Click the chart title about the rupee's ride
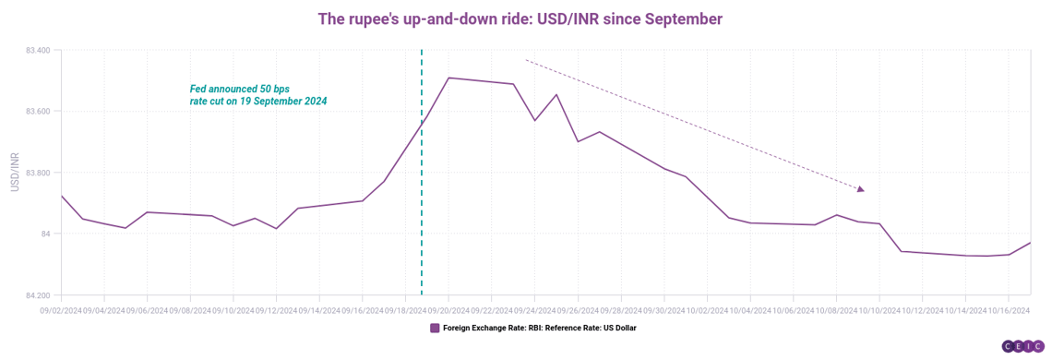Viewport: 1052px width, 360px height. click(x=520, y=18)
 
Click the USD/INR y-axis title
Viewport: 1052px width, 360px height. click(x=15, y=173)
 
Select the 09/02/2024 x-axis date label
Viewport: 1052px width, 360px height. click(x=61, y=310)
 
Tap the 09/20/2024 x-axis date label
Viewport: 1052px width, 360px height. click(x=448, y=310)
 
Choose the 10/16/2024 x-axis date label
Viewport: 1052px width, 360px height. click(x=1009, y=310)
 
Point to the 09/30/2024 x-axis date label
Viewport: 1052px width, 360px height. click(x=664, y=310)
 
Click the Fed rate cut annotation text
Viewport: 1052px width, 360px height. click(x=258, y=95)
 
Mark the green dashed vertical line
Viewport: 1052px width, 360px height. click(x=422, y=173)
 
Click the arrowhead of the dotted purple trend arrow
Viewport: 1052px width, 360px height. click(x=861, y=189)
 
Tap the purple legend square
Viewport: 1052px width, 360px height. click(x=435, y=329)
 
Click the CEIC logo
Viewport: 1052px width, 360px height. click(x=1023, y=346)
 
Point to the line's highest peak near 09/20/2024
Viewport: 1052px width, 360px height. click(x=448, y=78)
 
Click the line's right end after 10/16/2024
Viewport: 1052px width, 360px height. click(x=1030, y=243)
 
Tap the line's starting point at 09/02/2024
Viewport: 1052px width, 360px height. click(x=61, y=196)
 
